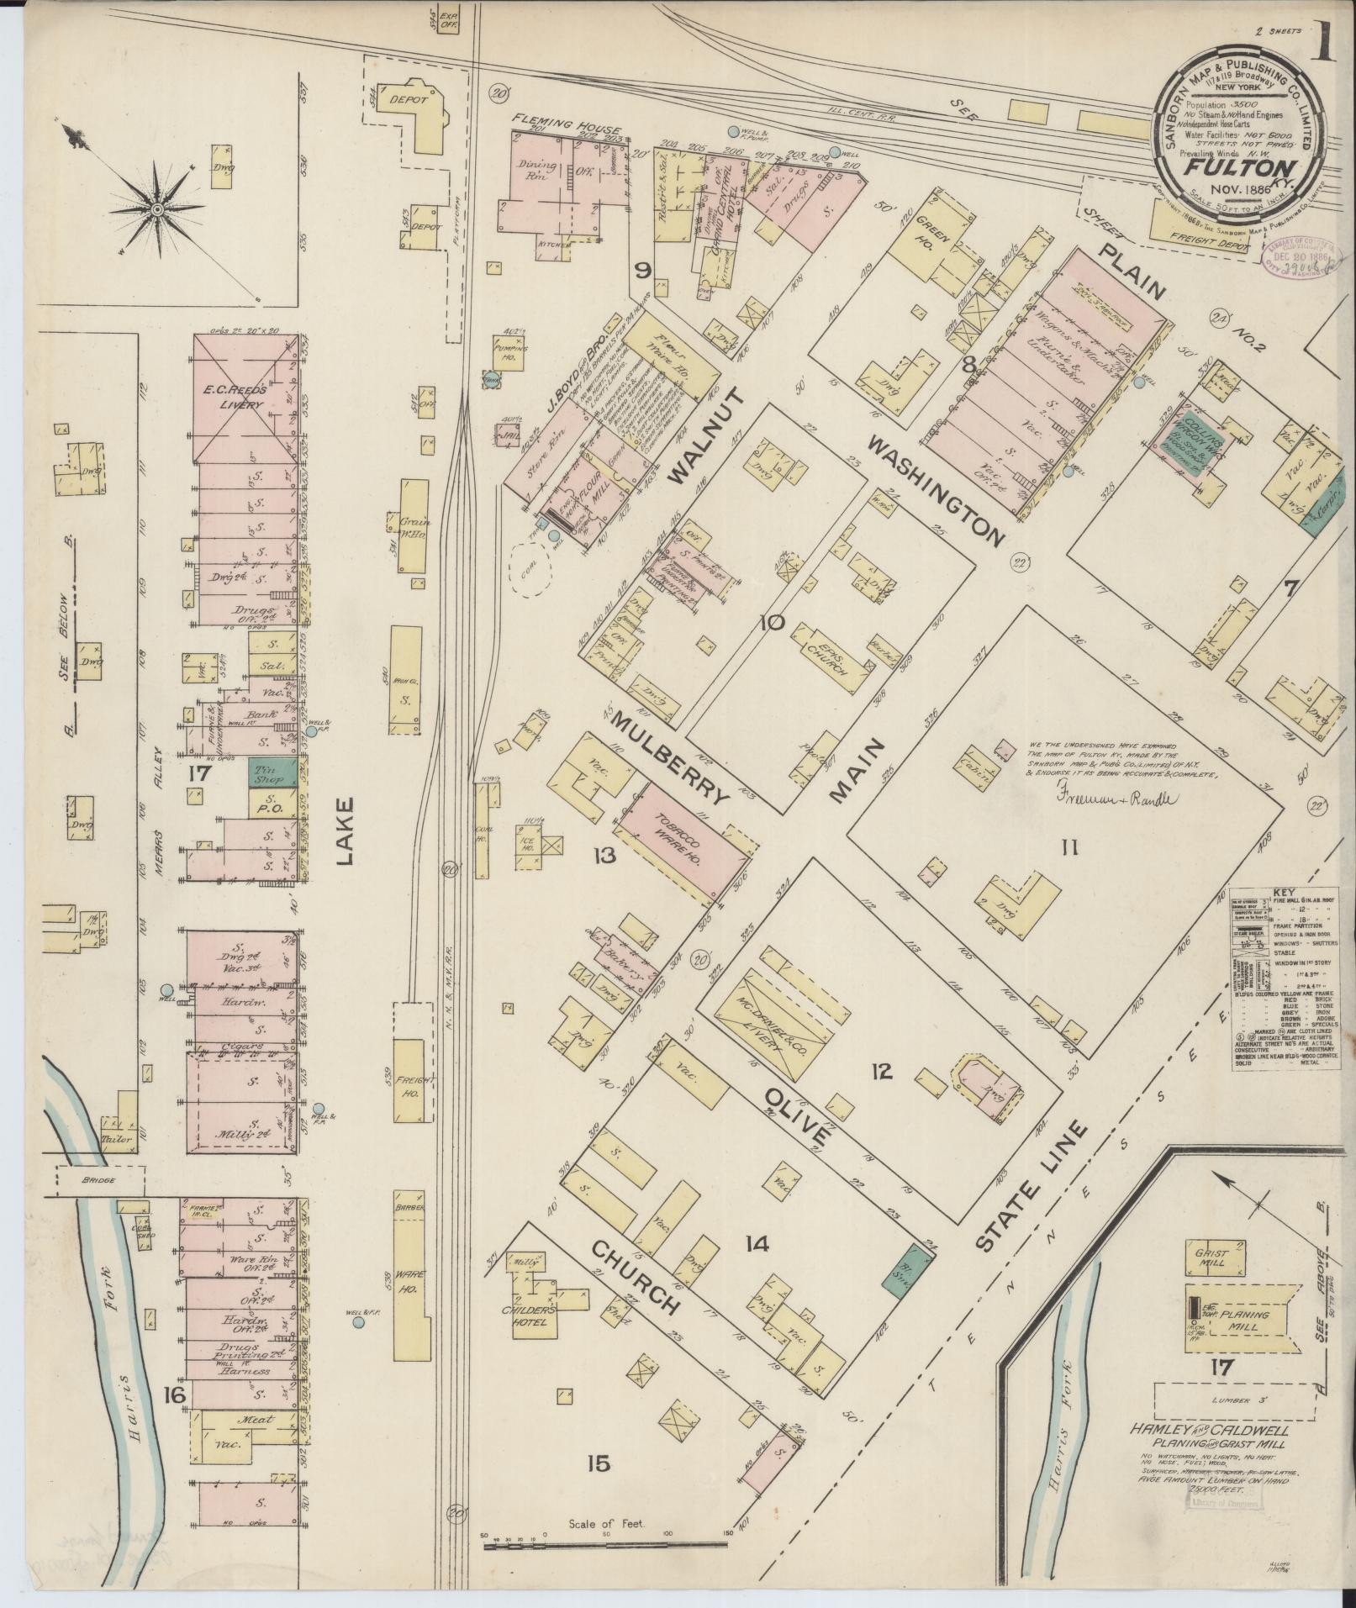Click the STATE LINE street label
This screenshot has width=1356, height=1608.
click(x=1032, y=1189)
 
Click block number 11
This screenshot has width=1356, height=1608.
click(x=1068, y=848)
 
